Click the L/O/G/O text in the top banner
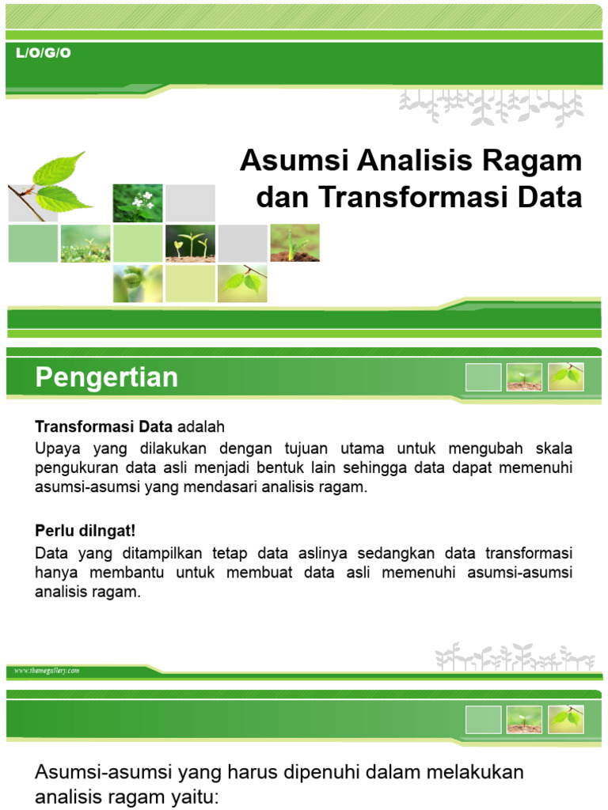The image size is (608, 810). tap(44, 54)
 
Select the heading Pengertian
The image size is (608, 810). tap(107, 377)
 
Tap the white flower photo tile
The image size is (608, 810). tap(138, 202)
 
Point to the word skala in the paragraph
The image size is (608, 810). tap(552, 448)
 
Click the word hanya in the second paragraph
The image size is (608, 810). tap(54, 571)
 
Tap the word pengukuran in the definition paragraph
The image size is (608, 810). tap(76, 467)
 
